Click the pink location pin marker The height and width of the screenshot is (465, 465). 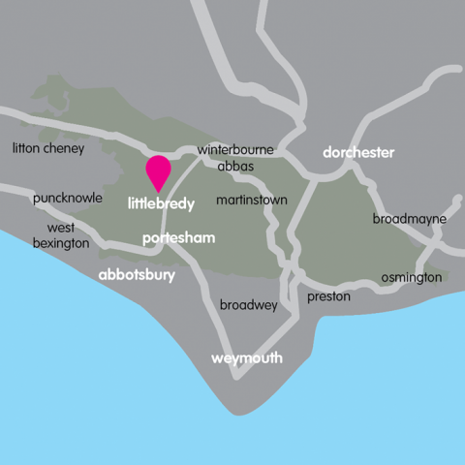157,171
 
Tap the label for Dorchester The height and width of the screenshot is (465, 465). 358,153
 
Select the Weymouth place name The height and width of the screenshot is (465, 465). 247,358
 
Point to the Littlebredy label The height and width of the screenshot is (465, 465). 161,204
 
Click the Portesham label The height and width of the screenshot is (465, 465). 178,238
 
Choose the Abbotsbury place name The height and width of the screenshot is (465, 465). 137,276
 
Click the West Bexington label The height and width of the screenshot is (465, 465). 60,235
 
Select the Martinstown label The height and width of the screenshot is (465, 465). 252,200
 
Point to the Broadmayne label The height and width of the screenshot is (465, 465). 410,219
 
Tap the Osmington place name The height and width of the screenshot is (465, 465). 411,277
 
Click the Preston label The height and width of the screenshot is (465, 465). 328,296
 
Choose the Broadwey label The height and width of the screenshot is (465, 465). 248,305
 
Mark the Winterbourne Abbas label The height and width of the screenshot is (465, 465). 234,158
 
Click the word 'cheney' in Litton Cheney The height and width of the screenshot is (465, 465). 63,148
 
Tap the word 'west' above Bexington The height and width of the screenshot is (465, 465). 60,228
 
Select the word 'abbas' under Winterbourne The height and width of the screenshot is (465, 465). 236,167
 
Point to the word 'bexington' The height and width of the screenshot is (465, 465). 60,243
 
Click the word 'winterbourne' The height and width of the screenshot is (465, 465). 235,150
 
